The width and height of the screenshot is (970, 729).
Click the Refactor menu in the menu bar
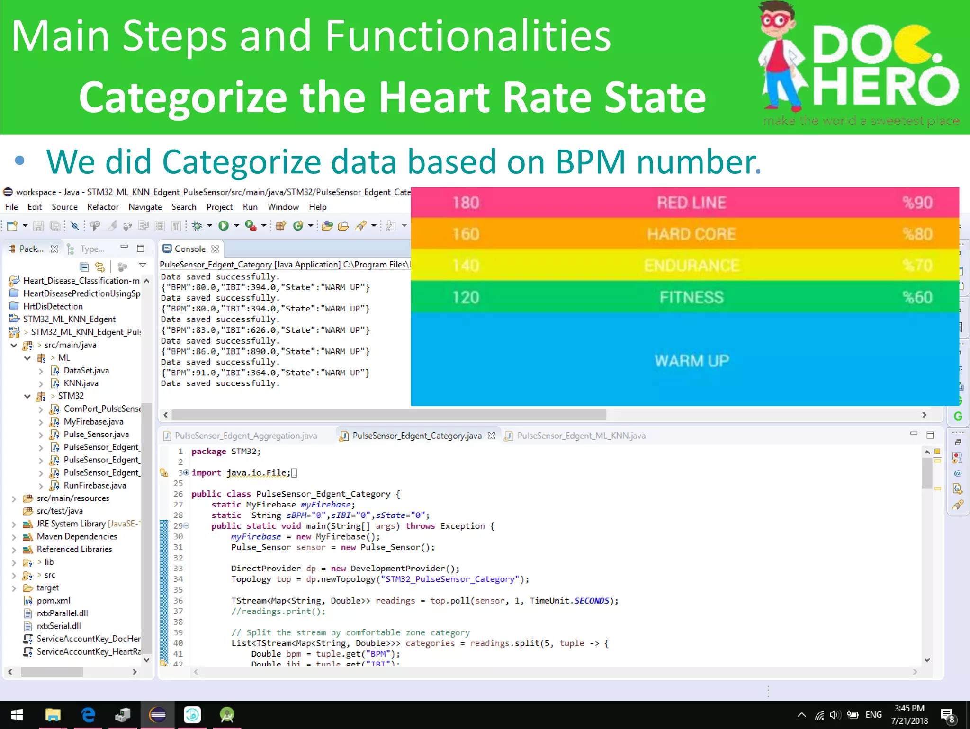[102, 207]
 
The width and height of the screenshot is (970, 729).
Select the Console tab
[189, 249]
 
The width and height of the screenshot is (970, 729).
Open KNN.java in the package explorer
[81, 383]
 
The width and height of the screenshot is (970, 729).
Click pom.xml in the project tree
[53, 600]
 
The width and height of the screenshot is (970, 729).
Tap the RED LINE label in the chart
[691, 203]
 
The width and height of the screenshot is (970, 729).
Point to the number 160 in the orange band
[466, 234]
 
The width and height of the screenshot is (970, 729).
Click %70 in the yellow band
[917, 265]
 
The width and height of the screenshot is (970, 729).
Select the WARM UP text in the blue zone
[692, 361]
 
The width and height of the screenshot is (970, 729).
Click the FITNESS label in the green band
[691, 297]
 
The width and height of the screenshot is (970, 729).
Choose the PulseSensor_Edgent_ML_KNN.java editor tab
[581, 436]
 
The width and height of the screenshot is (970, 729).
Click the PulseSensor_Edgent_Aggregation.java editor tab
[245, 436]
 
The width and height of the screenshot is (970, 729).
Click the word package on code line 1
[208, 451]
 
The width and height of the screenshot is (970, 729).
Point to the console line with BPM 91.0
[265, 373]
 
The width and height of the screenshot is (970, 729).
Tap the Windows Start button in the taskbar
[17, 715]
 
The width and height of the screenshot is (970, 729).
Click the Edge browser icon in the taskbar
[88, 715]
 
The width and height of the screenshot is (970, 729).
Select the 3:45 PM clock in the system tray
[909, 708]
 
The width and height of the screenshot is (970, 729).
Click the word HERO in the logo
[885, 87]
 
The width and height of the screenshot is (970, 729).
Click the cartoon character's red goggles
[775, 20]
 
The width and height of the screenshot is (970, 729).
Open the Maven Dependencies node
[77, 536]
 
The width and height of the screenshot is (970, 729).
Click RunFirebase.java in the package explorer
[95, 485]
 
